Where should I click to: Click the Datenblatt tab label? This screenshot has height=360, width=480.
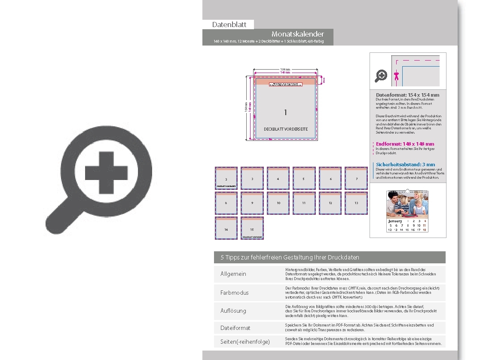click(x=229, y=25)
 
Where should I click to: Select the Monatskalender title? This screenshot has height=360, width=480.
click(x=297, y=34)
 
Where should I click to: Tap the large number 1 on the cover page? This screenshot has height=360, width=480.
click(x=285, y=113)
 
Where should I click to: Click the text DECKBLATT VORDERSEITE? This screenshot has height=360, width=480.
click(x=285, y=129)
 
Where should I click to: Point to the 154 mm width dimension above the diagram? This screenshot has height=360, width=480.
click(x=285, y=69)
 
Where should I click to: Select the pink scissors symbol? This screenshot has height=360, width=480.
click(x=396, y=75)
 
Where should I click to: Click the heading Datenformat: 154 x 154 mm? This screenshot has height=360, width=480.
click(x=407, y=95)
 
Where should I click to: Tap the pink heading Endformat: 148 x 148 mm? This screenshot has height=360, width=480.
click(x=405, y=144)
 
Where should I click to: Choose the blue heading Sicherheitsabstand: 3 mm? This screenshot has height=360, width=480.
click(x=405, y=165)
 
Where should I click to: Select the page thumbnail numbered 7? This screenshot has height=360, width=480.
click(x=356, y=178)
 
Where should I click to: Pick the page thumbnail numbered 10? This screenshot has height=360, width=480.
click(x=278, y=203)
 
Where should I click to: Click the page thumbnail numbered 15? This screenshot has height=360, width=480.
click(x=252, y=228)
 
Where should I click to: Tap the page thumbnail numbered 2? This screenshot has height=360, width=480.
click(x=226, y=178)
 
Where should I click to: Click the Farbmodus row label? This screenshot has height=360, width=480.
click(x=234, y=293)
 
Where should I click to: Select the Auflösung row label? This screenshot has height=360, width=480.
click(x=233, y=310)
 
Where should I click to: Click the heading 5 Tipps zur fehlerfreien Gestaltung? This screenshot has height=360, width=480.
click(x=290, y=257)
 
